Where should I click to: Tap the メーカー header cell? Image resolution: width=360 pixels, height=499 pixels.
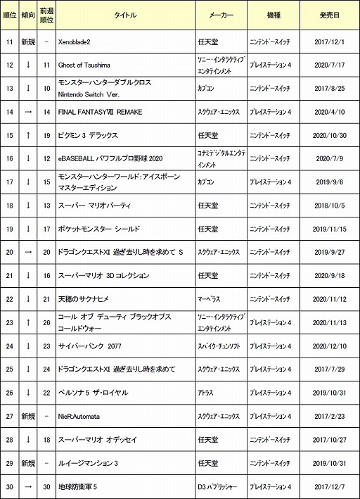(221, 14)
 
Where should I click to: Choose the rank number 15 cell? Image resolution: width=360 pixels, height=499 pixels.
(9, 135)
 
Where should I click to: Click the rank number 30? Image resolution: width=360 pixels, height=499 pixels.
(9, 486)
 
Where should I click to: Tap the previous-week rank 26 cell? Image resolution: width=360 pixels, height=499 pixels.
(46, 322)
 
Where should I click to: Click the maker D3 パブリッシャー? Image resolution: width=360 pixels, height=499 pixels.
(221, 486)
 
